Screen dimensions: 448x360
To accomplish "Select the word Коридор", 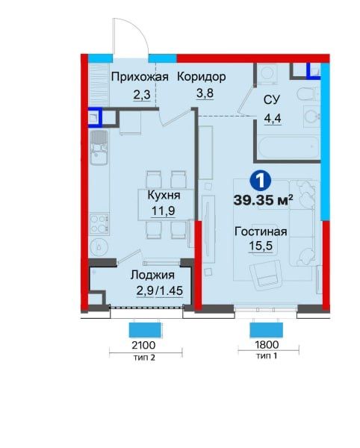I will point(201,76).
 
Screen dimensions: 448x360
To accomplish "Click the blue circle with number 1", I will point(258,180).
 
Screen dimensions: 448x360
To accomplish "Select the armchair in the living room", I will point(267,281).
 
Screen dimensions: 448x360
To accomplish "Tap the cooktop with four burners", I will point(98,222).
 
